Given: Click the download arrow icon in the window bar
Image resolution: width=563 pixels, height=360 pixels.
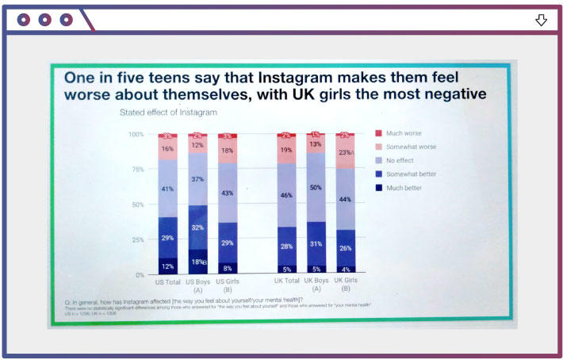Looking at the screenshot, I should pos(542,20).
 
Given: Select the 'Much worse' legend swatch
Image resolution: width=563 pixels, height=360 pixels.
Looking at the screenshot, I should pos(379,132).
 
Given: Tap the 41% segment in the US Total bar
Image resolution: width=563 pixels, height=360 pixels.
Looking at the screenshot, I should pos(167,189).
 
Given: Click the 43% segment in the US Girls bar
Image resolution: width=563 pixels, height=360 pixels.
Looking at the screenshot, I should pos(228,193).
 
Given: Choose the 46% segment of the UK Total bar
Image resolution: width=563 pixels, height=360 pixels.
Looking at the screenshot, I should pos(286,194).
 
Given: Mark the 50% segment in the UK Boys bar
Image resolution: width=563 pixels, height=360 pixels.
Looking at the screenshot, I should pos(316,187).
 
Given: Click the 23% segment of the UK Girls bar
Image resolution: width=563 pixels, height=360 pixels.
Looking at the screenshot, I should pos(345,152).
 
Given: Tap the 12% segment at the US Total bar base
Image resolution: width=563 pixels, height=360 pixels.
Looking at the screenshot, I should pos(167,266).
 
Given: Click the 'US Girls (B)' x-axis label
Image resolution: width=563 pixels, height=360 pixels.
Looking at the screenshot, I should pos(228,285).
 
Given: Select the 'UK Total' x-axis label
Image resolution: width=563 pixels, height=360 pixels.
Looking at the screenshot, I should pos(286,281).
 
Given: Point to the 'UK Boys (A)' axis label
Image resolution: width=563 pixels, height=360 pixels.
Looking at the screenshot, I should pos(316,285).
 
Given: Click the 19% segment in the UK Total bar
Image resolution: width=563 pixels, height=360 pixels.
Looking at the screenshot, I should pos(286,150).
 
